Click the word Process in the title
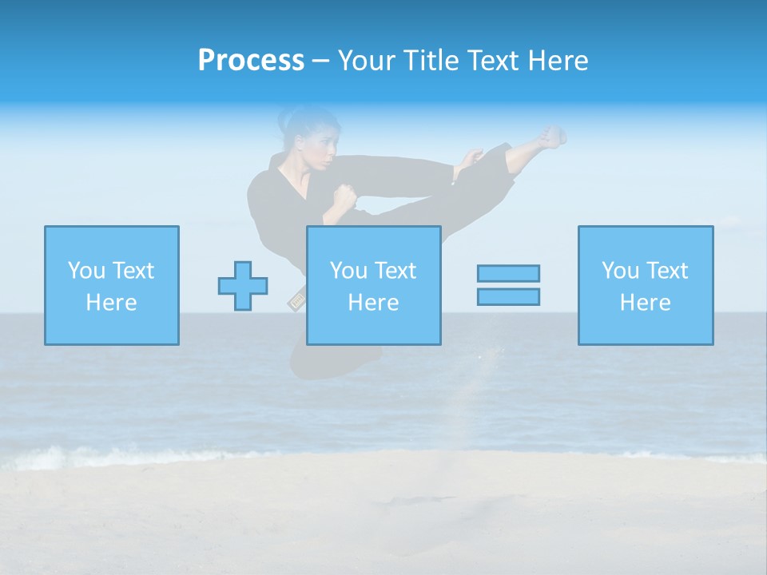click(251, 61)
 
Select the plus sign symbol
click(243, 285)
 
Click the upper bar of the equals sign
click(508, 273)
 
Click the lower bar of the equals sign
click(508, 297)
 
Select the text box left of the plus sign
click(112, 285)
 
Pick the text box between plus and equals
click(373, 285)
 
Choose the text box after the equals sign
click(645, 285)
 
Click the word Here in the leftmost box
click(111, 303)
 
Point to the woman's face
click(319, 149)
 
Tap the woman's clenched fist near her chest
click(344, 197)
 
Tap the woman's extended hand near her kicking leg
click(471, 159)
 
